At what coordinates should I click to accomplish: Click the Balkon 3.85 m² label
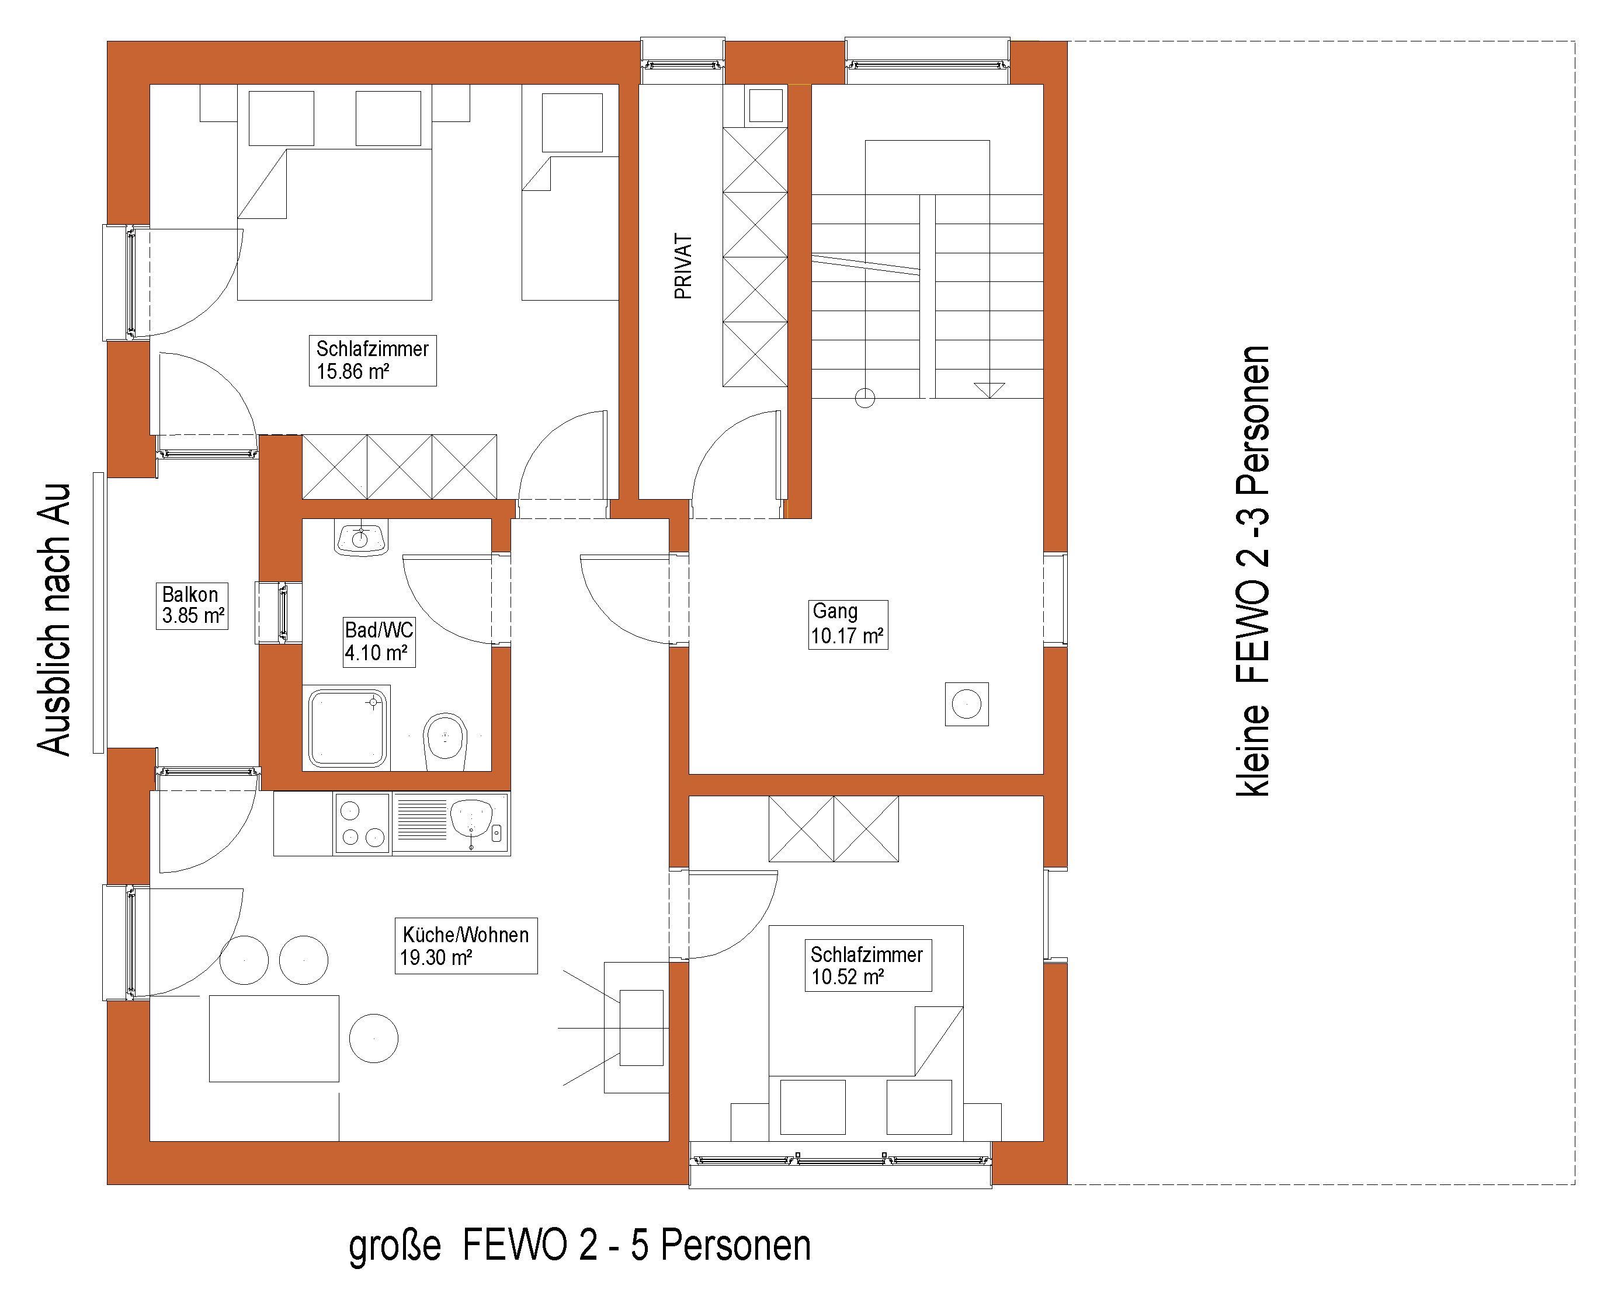pos(192,605)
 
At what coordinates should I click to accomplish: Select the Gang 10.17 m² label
pos(848,624)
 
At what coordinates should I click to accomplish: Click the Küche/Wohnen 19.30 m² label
pos(466,946)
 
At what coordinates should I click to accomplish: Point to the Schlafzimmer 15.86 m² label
pos(372,361)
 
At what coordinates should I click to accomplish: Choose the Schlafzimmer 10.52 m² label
pos(868,965)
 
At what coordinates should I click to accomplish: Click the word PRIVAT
pos(683,267)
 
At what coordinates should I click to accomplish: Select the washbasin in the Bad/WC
pos(361,538)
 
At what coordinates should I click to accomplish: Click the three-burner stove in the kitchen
pos(362,824)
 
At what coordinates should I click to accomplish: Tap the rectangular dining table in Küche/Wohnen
pos(274,1038)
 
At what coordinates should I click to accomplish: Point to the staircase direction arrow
pos(989,390)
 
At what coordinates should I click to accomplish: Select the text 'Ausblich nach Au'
pos(54,619)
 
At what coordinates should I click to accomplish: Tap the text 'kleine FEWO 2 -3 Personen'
pos(1254,571)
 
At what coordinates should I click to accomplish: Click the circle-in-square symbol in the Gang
pos(967,704)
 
